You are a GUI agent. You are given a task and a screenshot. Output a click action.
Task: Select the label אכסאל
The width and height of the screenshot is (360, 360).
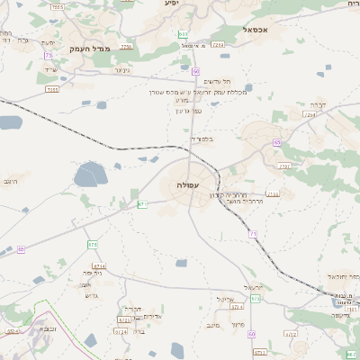pos(256,30)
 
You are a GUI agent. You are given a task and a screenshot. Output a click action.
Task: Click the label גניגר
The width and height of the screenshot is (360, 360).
pos(122,69)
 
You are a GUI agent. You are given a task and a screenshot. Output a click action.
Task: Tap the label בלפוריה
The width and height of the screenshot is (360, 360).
pos(202,139)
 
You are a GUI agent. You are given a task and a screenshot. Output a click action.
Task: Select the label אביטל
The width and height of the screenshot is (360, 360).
pos(225,299)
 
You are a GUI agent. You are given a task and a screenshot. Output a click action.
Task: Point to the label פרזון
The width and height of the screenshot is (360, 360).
pos(238,324)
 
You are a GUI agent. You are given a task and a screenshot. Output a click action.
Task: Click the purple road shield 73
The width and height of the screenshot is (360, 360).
pos(46,56)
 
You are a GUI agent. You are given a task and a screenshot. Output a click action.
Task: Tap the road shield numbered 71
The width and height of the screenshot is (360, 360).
pos(253,234)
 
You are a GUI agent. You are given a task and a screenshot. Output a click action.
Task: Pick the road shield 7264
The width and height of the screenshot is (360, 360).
pos(311,115)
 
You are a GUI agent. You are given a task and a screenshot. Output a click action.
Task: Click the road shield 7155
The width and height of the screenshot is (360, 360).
pos(52,89)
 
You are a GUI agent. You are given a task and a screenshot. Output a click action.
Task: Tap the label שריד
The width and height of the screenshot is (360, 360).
pos(50,69)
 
